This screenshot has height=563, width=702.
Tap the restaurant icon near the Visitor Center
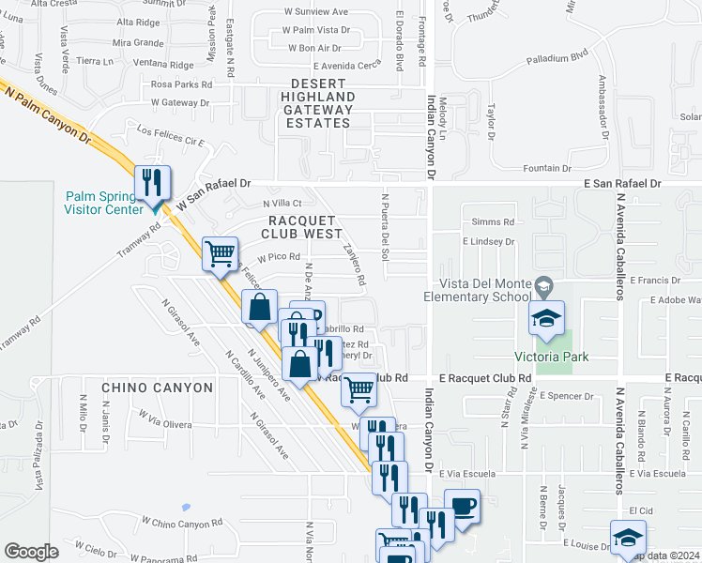[152, 181]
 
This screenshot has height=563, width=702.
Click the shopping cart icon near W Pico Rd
[220, 253]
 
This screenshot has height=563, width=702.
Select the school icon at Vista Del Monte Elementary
[544, 318]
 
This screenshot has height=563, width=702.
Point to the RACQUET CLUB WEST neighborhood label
[302, 226]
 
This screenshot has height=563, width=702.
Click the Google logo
[32, 552]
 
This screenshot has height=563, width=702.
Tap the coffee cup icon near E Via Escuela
[462, 506]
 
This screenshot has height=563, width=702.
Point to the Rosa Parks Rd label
[182, 84]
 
